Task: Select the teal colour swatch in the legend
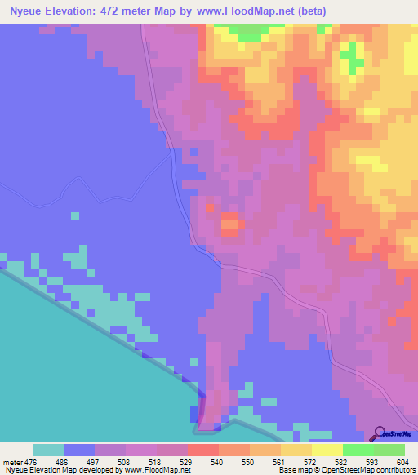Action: click(48, 450)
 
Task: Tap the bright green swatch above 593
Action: click(358, 450)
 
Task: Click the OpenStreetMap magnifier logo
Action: click(379, 434)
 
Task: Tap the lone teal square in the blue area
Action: click(75, 215)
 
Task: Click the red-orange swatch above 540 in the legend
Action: click(202, 450)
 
